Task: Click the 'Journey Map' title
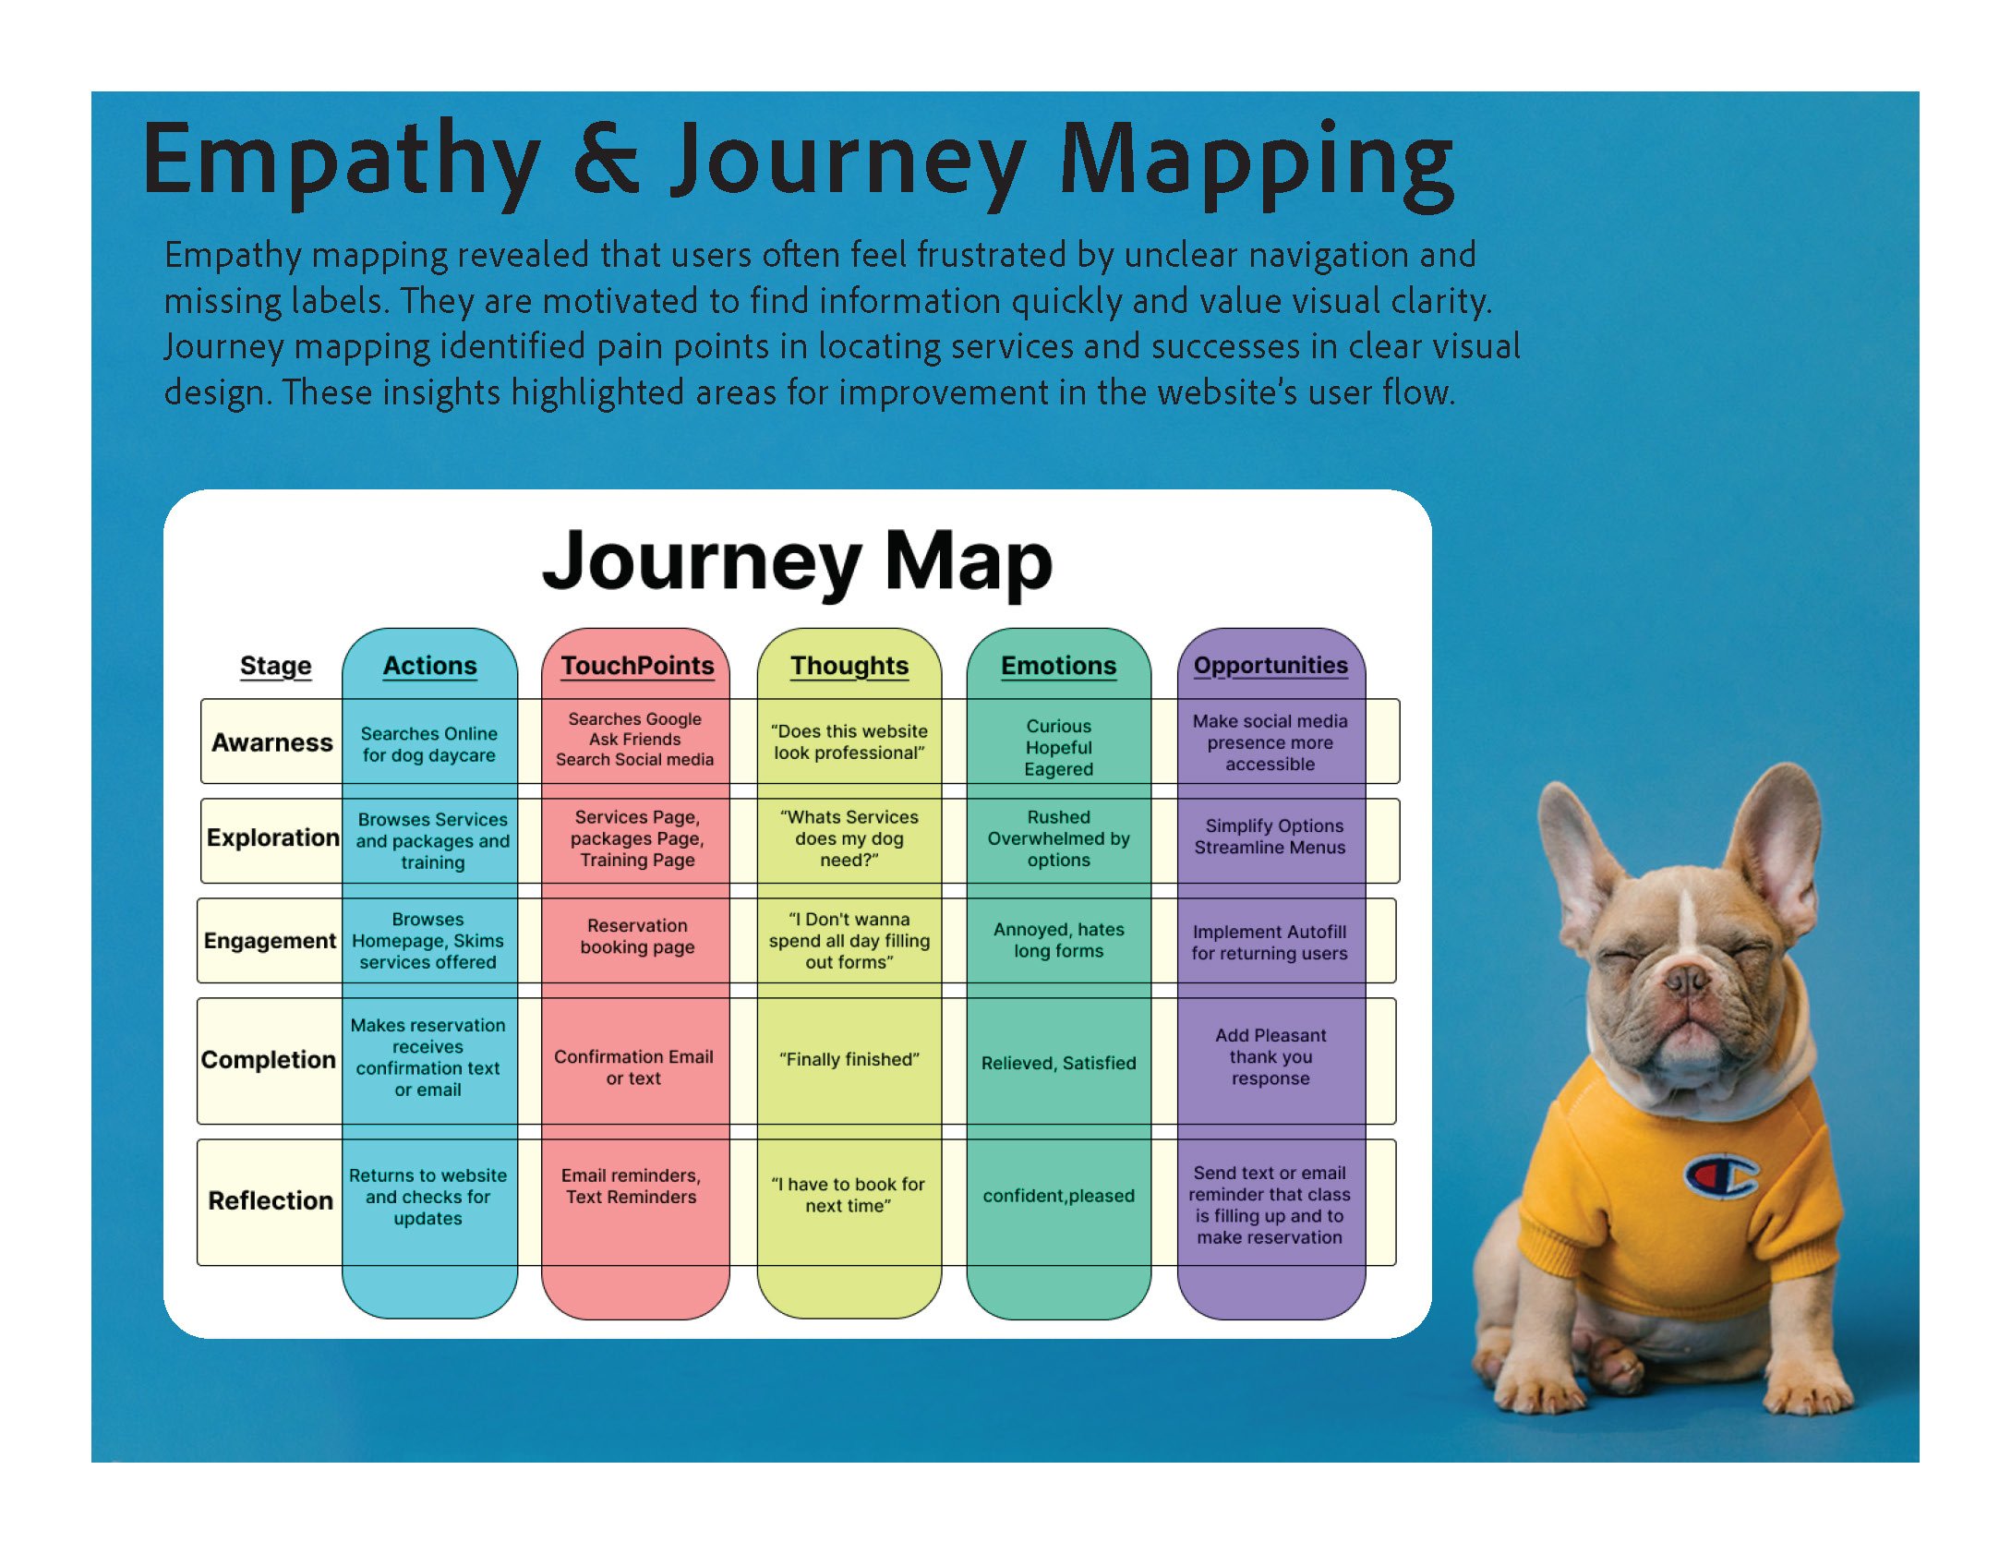pos(797,561)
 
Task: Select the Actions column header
pos(429,666)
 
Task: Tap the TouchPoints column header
pos(637,666)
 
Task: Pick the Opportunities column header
pos(1270,666)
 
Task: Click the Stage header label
pos(275,666)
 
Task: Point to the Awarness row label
pos(271,742)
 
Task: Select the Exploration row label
pos(272,837)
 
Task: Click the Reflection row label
pos(271,1200)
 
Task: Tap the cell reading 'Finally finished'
pos(849,1059)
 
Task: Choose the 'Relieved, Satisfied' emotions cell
pos(1058,1063)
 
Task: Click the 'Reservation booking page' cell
pos(637,936)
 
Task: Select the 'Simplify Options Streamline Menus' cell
pos(1270,837)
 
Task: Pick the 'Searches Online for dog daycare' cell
pos(428,744)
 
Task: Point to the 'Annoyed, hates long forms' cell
pos(1058,940)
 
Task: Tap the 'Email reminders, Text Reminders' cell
pos(632,1187)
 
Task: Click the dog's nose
pos(1686,979)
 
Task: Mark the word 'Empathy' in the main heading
pos(342,162)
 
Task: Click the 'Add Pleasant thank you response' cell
pos(1270,1057)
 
